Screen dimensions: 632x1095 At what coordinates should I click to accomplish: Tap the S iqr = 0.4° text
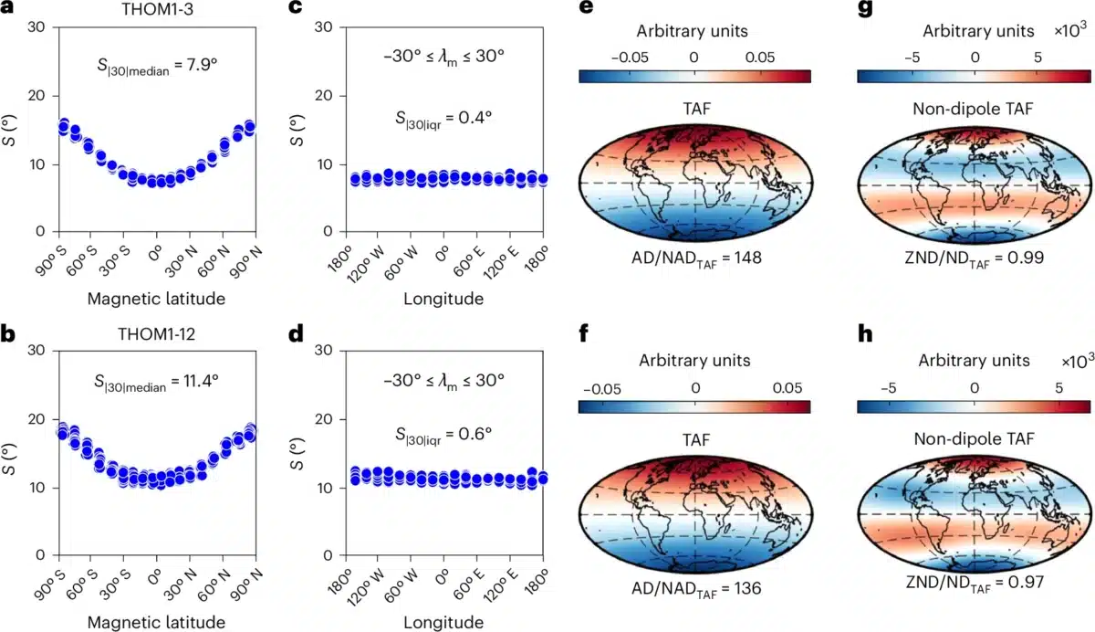pyautogui.click(x=445, y=120)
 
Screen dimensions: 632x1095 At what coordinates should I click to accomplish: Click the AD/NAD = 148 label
pyautogui.click(x=695, y=259)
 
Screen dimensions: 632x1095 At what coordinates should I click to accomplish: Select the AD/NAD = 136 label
pyautogui.click(x=695, y=588)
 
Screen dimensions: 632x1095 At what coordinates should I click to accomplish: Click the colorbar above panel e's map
pyautogui.click(x=694, y=76)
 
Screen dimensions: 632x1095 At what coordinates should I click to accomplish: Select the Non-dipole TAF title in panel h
pyautogui.click(x=974, y=439)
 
